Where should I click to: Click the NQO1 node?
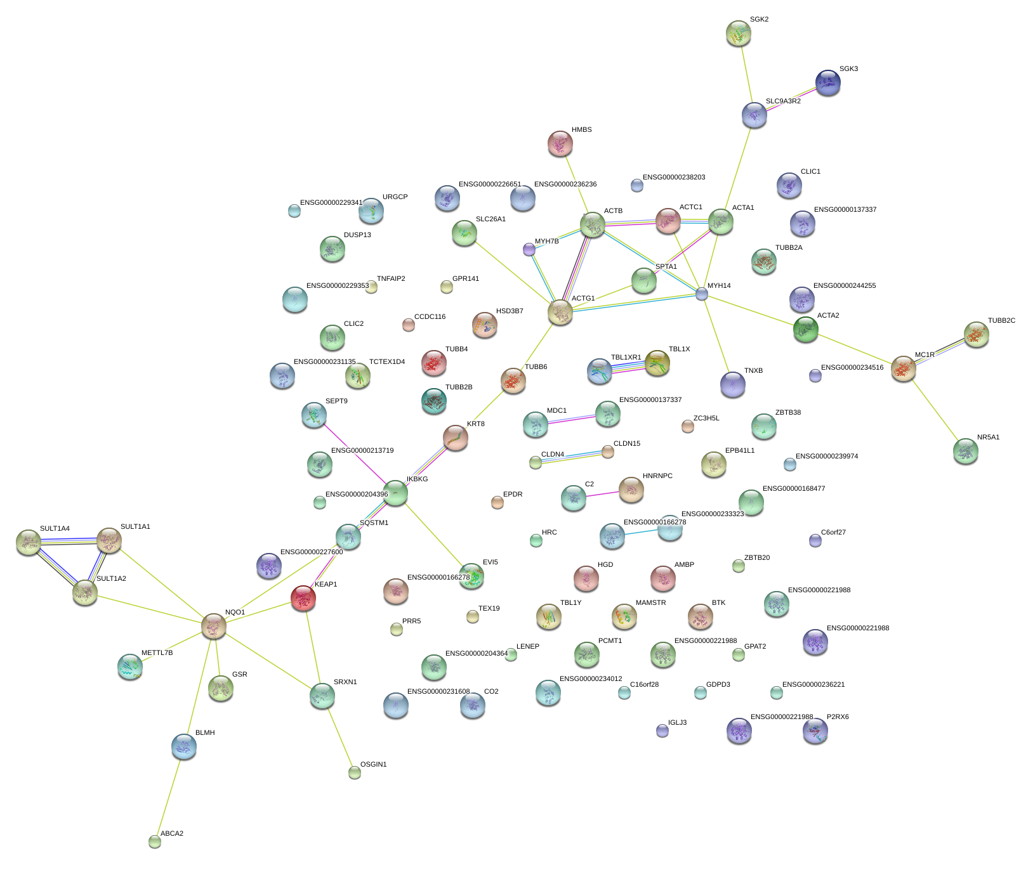[x=214, y=626]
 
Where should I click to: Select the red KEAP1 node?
[x=303, y=597]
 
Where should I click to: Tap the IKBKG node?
[x=395, y=492]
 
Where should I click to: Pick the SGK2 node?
[x=738, y=33]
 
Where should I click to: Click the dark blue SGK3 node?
[x=827, y=82]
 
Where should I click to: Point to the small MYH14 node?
[x=701, y=294]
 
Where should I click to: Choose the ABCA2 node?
[x=155, y=841]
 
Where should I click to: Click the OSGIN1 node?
[x=355, y=772]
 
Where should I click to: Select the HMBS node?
[x=560, y=143]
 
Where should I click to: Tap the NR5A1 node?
[x=965, y=450]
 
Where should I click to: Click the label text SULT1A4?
[x=55, y=529]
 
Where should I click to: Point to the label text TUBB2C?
[x=1001, y=321]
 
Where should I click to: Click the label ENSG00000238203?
[x=674, y=178]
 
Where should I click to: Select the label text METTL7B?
[x=157, y=653]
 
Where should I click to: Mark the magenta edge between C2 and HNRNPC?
[x=602, y=493]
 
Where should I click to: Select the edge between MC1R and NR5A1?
[x=934, y=410]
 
